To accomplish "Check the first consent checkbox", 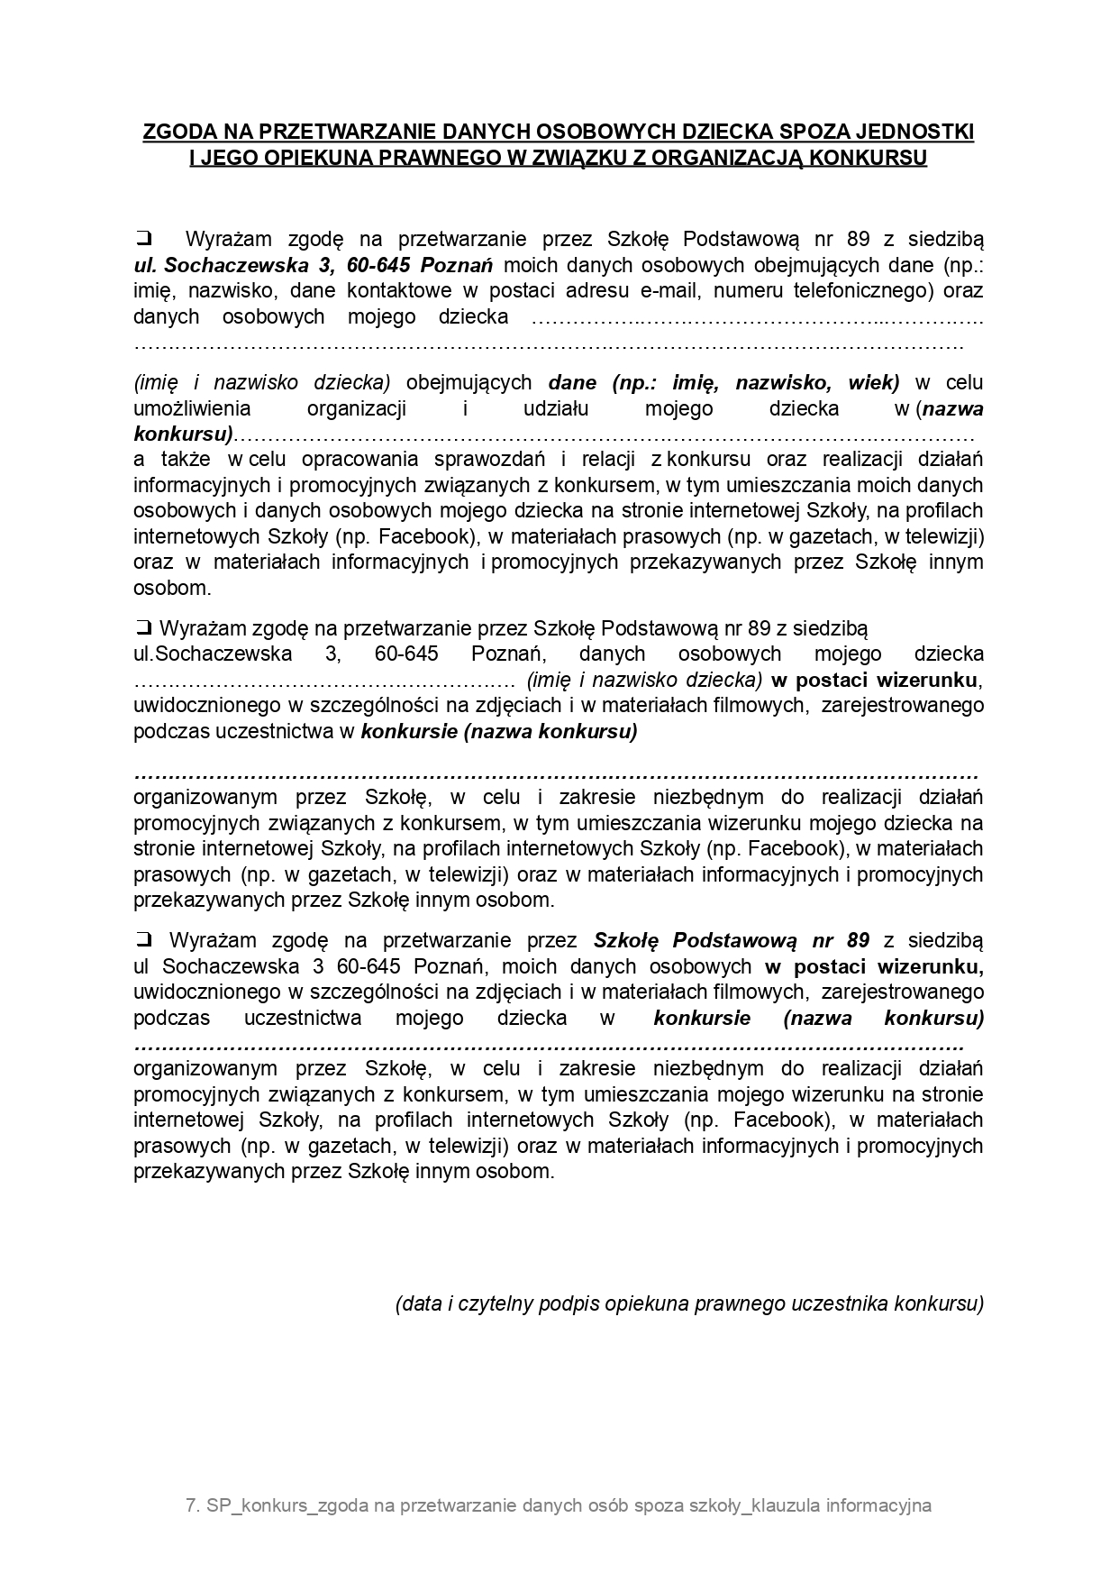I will (x=142, y=239).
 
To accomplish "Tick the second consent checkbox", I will (x=142, y=628).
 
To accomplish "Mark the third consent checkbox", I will (x=142, y=940).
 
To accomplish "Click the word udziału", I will (x=555, y=408).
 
